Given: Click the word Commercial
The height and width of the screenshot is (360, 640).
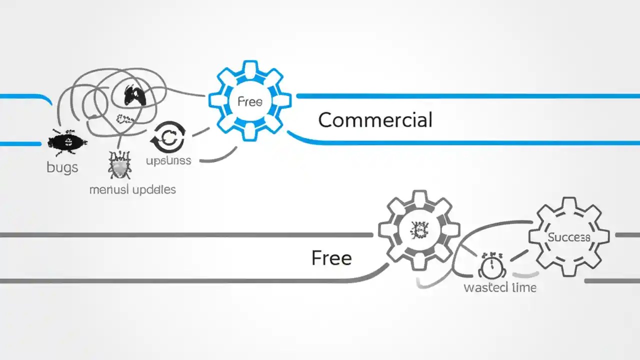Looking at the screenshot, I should pos(375,120).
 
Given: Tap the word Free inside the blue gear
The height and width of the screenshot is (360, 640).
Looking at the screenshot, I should pos(249,101).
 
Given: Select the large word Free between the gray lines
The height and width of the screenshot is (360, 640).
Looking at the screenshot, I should pos(331,258).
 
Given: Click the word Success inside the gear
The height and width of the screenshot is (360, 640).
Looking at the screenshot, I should pos(568,237).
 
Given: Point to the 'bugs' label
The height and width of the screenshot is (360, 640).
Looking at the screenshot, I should pos(62,167).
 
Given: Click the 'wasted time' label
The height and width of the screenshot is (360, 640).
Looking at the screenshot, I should pos(500,287).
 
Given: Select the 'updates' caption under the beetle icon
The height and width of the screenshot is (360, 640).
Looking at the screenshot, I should pos(132,190).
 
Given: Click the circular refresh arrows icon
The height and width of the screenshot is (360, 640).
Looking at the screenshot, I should pos(168,137).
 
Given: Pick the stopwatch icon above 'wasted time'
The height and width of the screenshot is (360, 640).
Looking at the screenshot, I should pos(492,266).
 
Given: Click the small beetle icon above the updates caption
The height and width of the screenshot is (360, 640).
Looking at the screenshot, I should pos(120,165).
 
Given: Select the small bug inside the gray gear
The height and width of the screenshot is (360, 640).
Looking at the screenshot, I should pos(418,230).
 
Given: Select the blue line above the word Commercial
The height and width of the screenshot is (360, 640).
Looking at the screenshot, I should pos(465,95).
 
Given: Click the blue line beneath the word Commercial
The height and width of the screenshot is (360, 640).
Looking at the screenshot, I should pos(465,142).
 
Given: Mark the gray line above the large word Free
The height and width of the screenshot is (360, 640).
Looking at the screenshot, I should pos(185,234).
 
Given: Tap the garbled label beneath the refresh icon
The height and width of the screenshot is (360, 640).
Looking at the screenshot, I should pos(168,161).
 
